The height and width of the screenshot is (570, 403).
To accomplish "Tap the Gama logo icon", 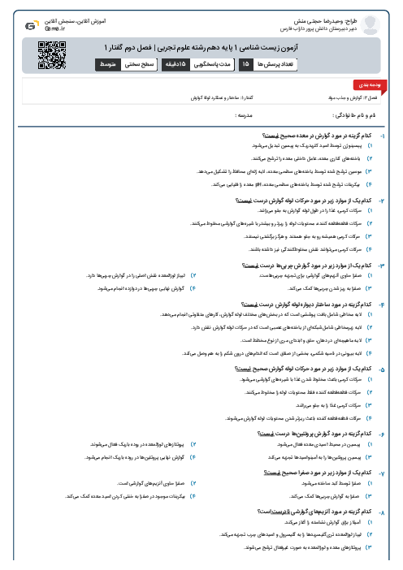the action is tap(29, 25).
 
